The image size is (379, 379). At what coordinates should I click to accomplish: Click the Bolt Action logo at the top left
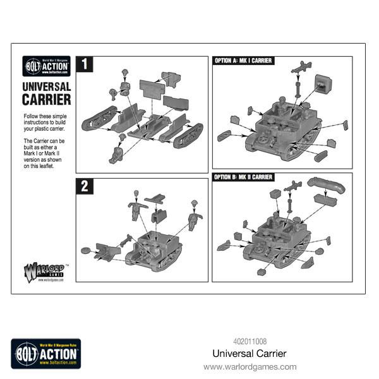tap(46, 65)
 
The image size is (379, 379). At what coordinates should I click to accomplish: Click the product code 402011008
tap(250, 342)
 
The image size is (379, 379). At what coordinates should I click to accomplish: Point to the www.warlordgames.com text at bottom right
tap(250, 366)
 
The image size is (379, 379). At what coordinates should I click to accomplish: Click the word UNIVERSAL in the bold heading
tap(46, 87)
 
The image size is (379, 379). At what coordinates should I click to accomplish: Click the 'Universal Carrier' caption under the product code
tap(250, 354)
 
